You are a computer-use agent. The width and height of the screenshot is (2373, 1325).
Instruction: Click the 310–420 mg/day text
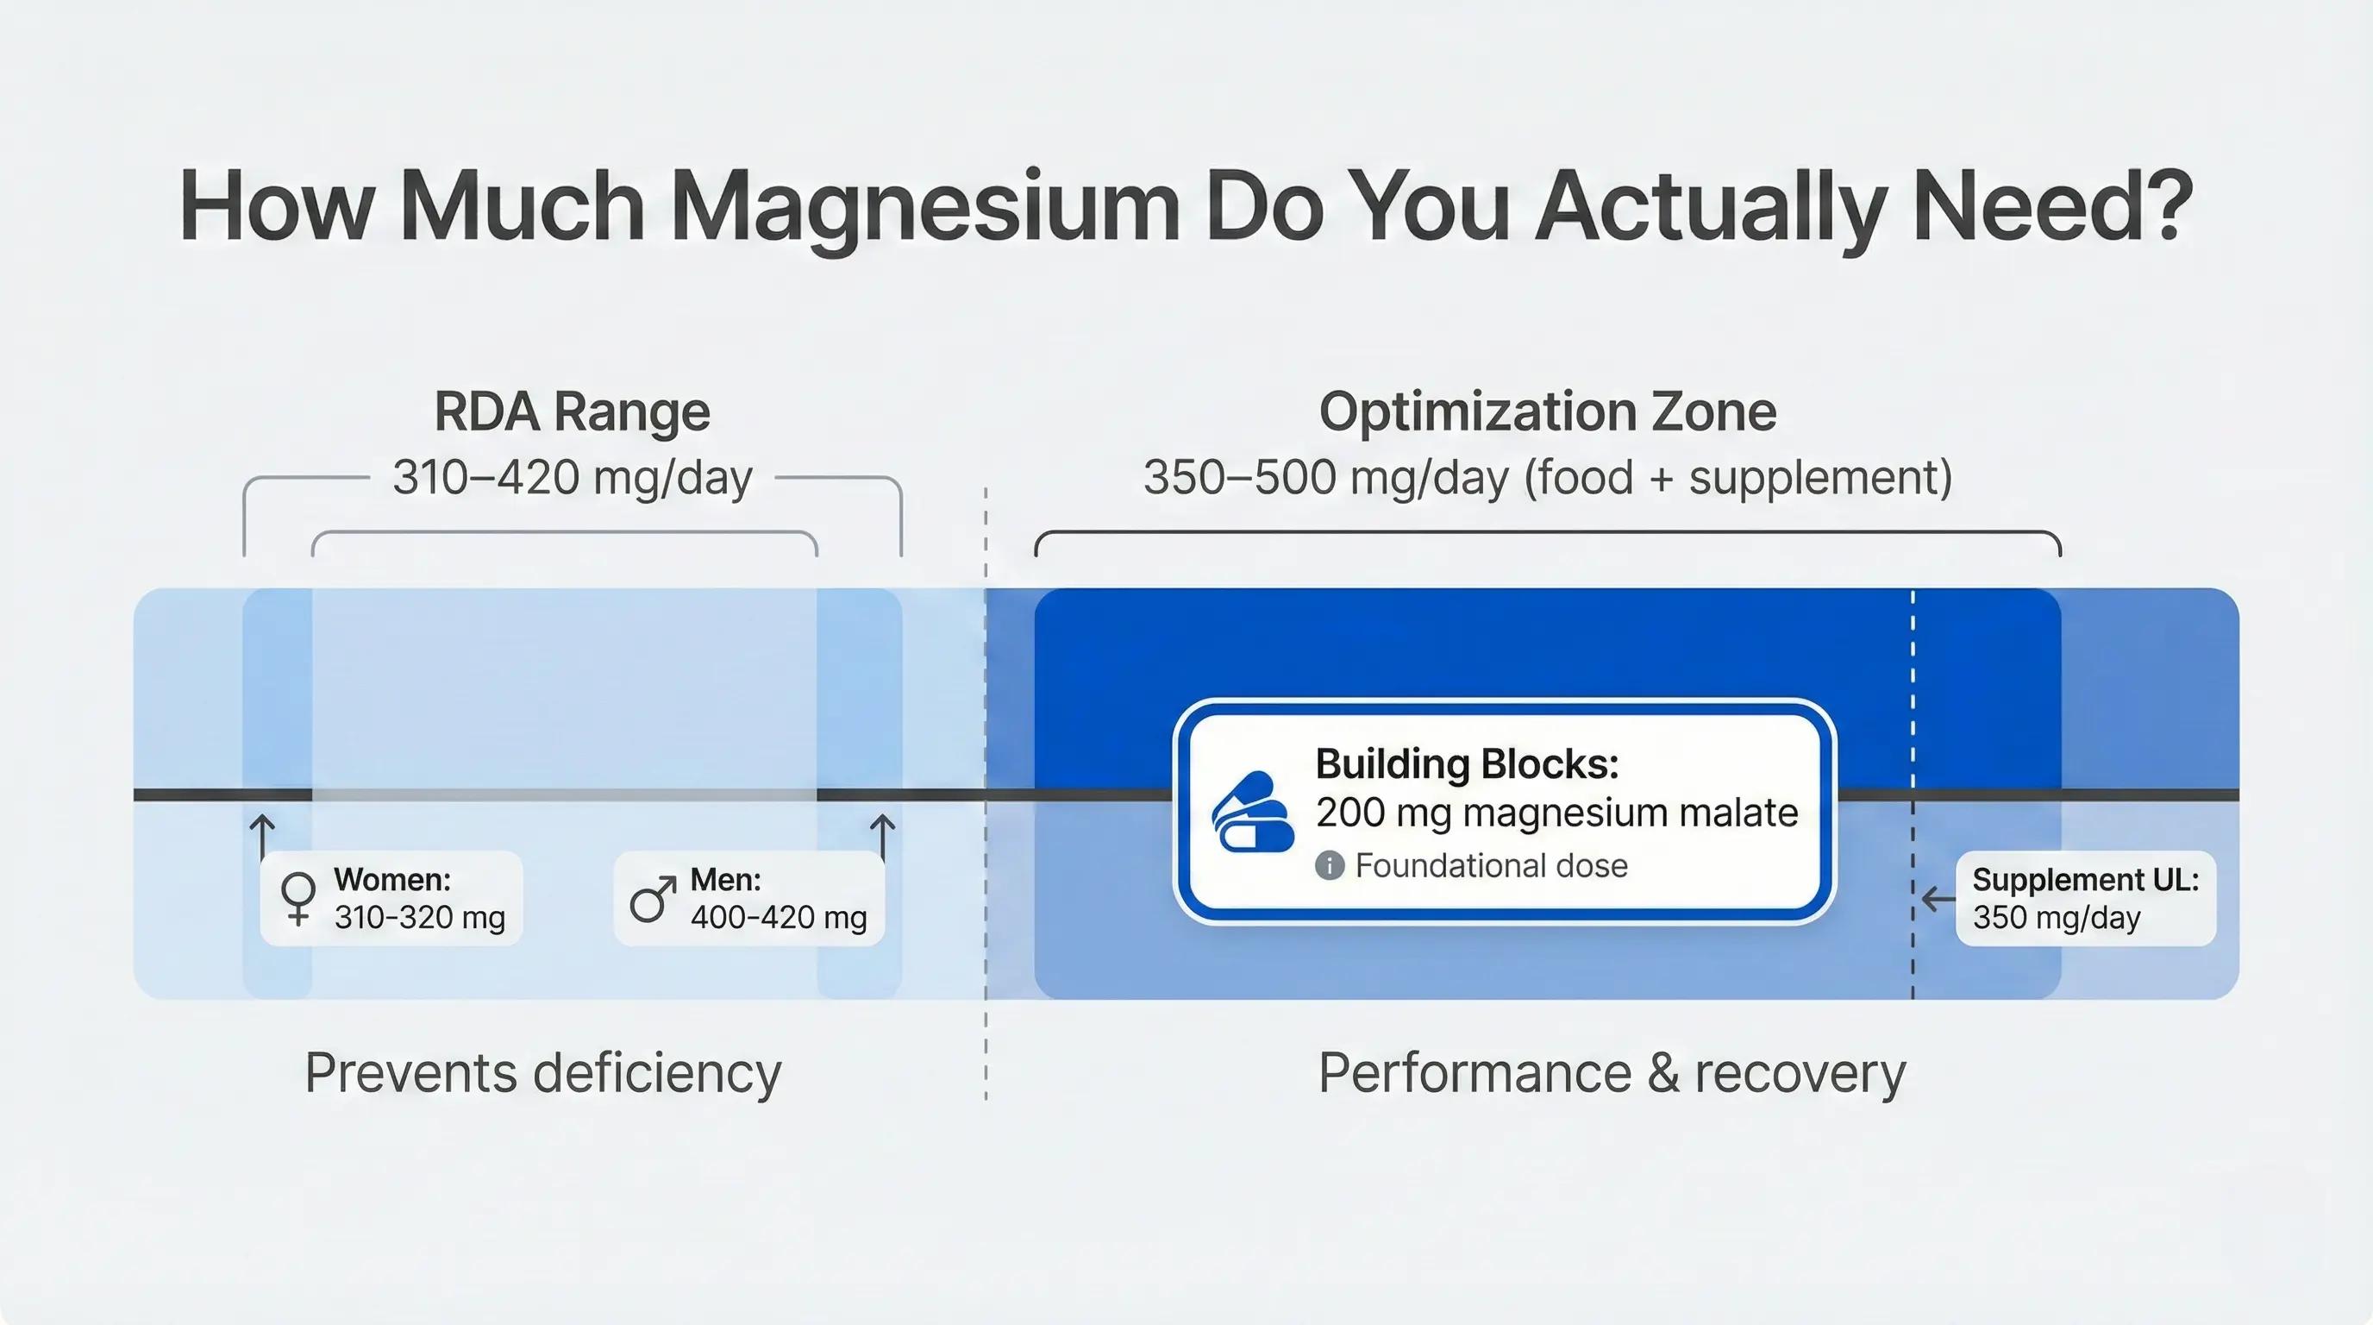click(x=572, y=477)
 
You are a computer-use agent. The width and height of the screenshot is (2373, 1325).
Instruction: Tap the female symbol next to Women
click(x=298, y=897)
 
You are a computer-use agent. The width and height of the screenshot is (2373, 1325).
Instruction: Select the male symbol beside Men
click(x=652, y=898)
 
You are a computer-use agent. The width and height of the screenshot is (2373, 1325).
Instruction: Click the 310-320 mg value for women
click(x=419, y=918)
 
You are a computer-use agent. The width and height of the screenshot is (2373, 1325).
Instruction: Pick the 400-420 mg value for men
click(x=779, y=918)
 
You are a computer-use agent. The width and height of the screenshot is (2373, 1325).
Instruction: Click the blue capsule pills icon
click(x=1252, y=812)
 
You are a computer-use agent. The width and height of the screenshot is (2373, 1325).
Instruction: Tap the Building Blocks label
click(x=1467, y=763)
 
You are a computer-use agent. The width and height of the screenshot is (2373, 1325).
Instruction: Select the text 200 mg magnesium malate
click(x=1556, y=813)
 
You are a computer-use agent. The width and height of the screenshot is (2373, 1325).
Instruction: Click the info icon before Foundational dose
click(x=1330, y=865)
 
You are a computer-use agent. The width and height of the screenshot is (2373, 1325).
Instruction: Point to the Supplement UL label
click(x=2086, y=880)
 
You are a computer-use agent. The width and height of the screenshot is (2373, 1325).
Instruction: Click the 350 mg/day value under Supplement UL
click(x=2056, y=918)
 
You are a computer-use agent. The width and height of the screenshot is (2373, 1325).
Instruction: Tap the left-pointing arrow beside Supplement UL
click(x=1938, y=898)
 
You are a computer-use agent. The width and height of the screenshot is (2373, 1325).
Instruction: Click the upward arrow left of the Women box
click(x=262, y=836)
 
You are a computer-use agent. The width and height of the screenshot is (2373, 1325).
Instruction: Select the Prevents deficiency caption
click(x=542, y=1072)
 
